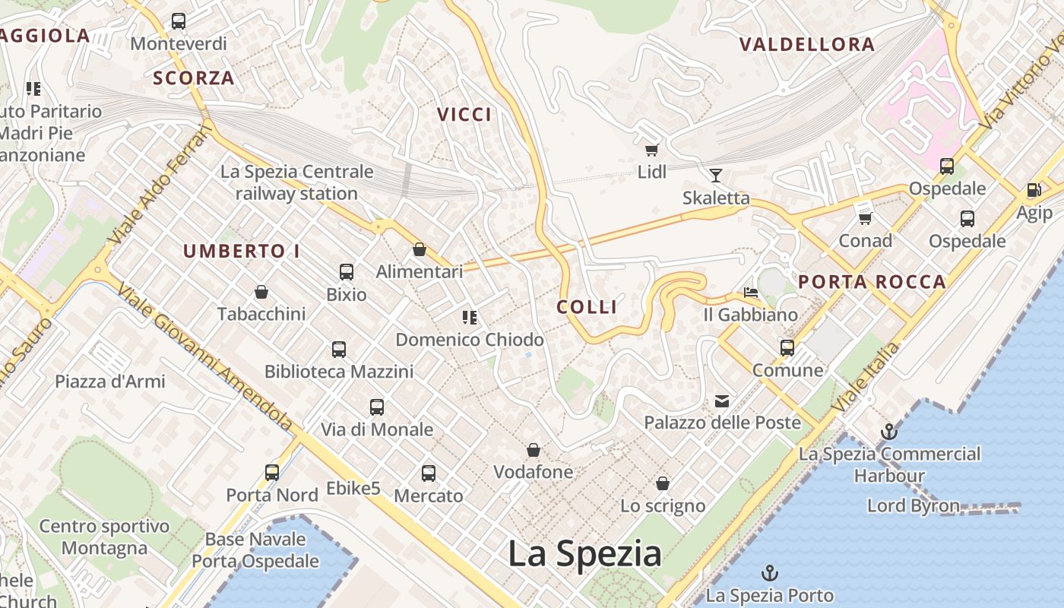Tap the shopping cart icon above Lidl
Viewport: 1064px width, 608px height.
tap(651, 150)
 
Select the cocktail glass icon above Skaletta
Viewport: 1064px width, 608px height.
tap(715, 176)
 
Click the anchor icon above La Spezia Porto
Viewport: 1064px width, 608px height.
tap(770, 572)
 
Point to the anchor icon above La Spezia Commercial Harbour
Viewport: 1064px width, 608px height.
tap(888, 432)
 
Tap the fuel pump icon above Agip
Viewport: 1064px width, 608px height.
tap(1034, 190)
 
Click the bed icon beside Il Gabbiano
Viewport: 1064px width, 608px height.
tap(751, 292)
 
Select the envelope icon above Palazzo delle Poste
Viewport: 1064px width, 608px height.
tap(721, 401)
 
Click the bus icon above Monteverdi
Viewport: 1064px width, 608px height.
tap(179, 21)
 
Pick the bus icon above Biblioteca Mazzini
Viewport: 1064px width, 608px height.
tap(339, 350)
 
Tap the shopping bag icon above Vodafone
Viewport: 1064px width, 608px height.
tap(534, 450)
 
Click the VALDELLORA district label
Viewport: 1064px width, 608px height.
tap(807, 44)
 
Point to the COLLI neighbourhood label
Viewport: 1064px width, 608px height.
tap(587, 306)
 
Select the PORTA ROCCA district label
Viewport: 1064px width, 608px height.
tap(872, 282)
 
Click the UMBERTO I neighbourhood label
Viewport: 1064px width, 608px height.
tap(242, 251)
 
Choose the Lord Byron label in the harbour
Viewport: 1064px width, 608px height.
tap(913, 505)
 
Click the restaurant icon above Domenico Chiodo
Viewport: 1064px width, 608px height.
tap(470, 318)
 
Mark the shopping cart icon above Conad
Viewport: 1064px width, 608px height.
tap(865, 219)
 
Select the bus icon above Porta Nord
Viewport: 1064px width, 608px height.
tap(272, 473)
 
